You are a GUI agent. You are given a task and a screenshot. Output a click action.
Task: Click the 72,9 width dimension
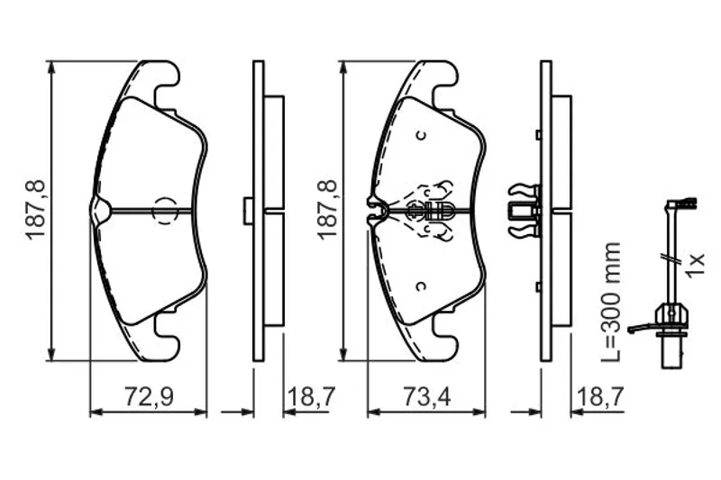point(149,396)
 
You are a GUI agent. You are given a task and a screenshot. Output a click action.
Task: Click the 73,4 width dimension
point(426,396)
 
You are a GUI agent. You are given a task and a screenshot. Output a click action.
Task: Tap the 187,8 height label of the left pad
point(36,210)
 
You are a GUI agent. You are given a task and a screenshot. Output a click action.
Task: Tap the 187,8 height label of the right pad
point(327,210)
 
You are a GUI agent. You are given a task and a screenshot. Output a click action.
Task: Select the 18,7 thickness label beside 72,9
point(312,396)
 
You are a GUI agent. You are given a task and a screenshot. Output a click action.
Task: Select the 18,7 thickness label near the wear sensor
point(600,396)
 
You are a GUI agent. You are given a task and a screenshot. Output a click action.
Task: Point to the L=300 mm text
point(612,302)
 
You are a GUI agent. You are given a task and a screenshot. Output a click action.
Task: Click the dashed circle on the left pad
point(165,211)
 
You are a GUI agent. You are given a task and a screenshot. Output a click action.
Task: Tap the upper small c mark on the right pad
point(420,135)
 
